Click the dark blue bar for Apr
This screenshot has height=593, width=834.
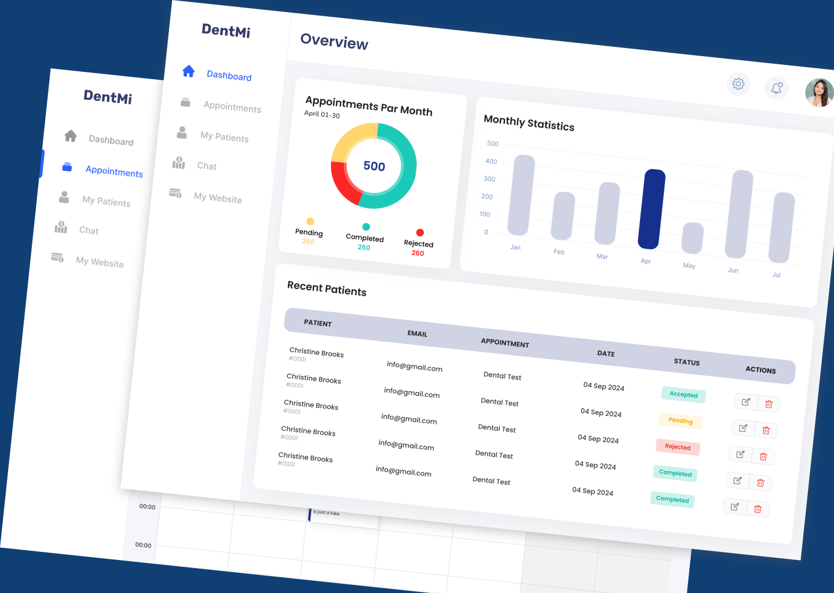[x=652, y=209]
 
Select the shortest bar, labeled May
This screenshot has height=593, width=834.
[x=692, y=238]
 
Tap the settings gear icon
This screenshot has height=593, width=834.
[x=738, y=84]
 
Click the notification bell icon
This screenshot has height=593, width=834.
[x=777, y=88]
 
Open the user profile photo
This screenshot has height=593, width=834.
[x=820, y=93]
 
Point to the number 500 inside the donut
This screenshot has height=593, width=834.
[x=374, y=166]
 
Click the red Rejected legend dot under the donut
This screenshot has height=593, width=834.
[x=420, y=233]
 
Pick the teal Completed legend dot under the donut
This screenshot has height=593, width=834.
[x=366, y=227]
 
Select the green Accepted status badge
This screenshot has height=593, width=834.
[x=683, y=394]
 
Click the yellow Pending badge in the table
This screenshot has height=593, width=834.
[x=681, y=421]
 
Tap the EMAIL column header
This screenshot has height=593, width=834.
[x=417, y=334]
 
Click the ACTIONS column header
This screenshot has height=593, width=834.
[x=760, y=369]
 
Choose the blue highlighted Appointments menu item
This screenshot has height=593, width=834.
[x=114, y=171]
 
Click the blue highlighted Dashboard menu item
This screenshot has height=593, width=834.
[x=229, y=76]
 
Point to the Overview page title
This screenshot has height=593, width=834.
[x=334, y=42]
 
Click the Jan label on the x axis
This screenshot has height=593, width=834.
[x=515, y=247]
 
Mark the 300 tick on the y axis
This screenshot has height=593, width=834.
[x=489, y=179]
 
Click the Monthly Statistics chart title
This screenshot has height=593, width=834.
[x=529, y=123]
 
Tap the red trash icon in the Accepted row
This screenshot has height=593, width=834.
[x=769, y=404]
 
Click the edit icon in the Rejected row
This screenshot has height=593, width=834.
[x=740, y=455]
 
